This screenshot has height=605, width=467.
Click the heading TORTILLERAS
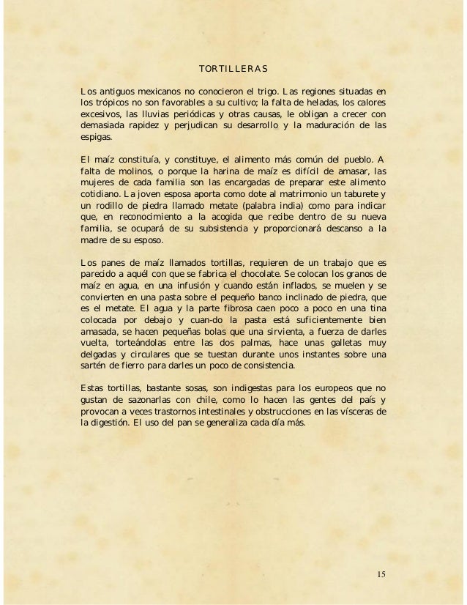click(233, 70)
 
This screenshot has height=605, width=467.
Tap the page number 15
click(379, 573)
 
